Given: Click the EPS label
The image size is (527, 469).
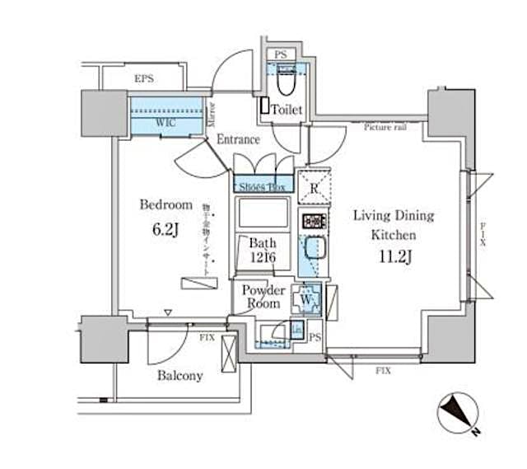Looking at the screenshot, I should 144,79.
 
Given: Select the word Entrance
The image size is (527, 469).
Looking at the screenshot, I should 238,140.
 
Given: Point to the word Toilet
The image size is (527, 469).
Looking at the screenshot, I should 287,110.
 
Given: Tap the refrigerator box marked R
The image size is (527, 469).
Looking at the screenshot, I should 313,185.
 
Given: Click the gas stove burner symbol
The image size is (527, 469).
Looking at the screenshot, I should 314,221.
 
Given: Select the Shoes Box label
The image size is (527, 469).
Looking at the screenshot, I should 263,187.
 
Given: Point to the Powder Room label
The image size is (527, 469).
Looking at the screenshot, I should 263,297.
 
